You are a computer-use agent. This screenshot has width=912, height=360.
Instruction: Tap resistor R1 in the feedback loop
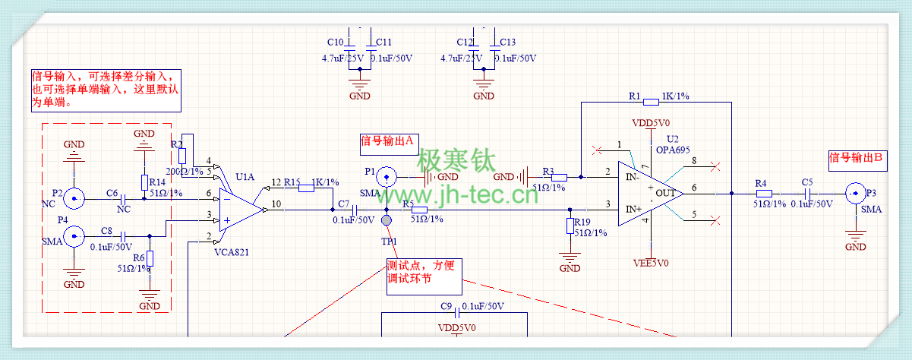click(651, 102)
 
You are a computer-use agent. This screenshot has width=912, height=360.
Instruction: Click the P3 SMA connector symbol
click(855, 193)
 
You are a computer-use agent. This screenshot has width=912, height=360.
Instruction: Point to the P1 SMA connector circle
click(387, 177)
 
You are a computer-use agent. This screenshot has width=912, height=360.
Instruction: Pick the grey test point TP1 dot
click(387, 220)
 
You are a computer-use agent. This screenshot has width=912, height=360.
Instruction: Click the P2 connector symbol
click(74, 199)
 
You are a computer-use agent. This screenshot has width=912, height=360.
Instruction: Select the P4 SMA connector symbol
click(74, 238)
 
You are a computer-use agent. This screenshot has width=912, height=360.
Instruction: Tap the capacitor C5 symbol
click(806, 193)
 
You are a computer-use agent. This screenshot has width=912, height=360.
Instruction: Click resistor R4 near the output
click(765, 193)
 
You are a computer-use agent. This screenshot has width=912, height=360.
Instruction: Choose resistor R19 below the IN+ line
click(570, 226)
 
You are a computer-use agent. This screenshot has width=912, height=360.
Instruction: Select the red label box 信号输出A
click(388, 141)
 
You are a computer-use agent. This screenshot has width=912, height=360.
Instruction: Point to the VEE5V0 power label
click(651, 264)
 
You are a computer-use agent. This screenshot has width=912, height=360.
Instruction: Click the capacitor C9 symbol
click(457, 312)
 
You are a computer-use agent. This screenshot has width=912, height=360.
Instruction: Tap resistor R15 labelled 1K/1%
click(306, 188)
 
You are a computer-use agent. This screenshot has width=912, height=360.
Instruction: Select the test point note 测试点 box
click(423, 275)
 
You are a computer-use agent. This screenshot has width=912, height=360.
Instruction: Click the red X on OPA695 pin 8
click(714, 165)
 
